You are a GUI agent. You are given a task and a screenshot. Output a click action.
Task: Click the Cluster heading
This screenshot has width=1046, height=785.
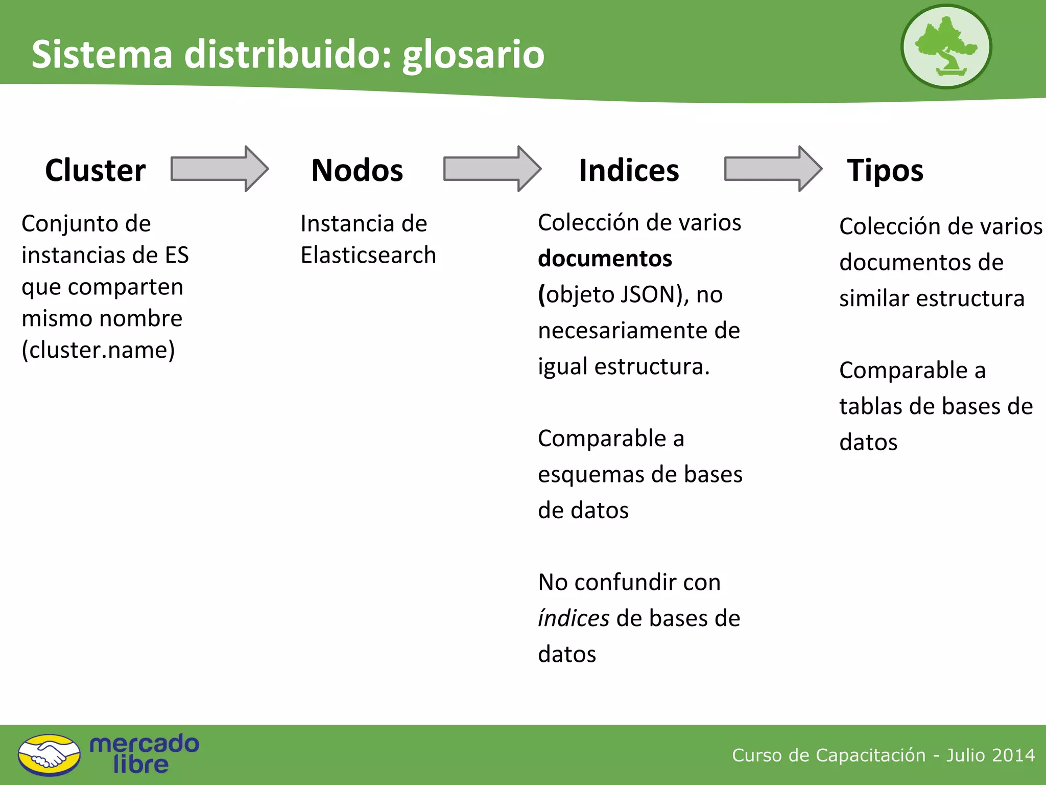96,170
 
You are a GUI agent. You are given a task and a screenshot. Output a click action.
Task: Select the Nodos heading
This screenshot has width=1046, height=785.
357,170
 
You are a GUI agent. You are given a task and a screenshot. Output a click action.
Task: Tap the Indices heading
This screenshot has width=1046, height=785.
629,170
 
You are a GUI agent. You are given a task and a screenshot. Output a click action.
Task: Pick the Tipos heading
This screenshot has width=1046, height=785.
885,170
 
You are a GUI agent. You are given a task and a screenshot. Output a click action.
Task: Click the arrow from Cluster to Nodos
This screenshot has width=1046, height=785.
219,169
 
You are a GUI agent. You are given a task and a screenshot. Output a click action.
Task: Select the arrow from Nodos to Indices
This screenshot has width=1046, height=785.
492,169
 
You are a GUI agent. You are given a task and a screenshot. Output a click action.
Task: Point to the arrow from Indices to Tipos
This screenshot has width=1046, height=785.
773,169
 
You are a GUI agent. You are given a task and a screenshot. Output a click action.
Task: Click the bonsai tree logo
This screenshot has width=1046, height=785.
946,47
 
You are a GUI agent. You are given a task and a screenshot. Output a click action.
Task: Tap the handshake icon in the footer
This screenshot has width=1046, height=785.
49,755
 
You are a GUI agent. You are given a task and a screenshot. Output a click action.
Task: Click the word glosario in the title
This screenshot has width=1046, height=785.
473,55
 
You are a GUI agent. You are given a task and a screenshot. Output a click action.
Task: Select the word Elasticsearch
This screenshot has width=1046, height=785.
368,255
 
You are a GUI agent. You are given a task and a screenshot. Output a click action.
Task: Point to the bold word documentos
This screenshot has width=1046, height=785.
605,259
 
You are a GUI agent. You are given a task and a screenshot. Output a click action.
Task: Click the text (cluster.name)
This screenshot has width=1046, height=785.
98,350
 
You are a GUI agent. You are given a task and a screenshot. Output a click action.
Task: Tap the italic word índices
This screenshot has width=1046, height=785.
573,618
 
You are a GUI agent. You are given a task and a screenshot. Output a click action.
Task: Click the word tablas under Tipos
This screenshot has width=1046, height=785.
871,406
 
